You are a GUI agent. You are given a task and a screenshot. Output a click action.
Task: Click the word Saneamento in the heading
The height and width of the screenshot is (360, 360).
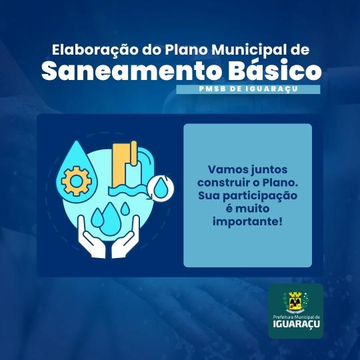click(x=131, y=71)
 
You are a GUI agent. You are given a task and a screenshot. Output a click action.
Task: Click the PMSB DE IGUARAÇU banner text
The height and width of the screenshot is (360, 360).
click(x=248, y=89)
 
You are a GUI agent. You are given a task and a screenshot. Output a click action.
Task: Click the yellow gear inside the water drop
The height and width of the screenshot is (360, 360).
click(x=76, y=181)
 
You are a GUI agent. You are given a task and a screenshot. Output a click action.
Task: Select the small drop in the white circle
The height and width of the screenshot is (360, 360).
click(x=161, y=188)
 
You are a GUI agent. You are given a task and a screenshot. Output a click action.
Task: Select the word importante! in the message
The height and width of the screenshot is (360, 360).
click(x=247, y=222)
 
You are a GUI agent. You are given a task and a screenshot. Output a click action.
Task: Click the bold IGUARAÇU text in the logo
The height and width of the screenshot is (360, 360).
click(x=297, y=324)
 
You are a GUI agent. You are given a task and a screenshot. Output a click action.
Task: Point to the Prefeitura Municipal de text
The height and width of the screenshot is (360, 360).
click(x=297, y=317)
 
